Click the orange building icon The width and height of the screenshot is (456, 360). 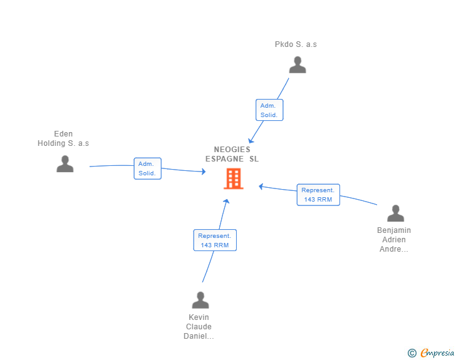click(234, 178)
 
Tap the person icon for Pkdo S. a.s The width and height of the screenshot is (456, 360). click(298, 65)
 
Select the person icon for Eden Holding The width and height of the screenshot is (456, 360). click(65, 163)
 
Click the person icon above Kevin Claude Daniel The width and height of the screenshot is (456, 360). click(200, 300)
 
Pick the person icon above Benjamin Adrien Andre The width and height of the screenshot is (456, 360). click(395, 213)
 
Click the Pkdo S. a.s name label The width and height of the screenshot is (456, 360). click(296, 44)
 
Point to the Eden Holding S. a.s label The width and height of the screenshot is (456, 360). click(63, 138)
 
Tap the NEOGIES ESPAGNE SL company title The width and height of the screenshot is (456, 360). click(232, 154)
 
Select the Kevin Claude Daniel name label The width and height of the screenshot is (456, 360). click(199, 327)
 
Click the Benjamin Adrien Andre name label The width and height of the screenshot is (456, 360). click(394, 240)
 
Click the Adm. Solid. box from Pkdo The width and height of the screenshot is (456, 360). click(269, 110)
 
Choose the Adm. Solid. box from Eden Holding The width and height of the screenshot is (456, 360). click(147, 168)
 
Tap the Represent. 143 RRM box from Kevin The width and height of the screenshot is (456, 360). click(215, 240)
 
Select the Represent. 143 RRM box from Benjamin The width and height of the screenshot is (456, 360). click(318, 195)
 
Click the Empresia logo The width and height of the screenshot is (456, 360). click(437, 352)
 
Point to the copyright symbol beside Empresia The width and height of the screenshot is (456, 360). click(412, 353)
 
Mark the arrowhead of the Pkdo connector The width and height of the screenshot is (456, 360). click(251, 141)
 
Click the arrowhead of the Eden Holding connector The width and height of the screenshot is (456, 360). click(204, 172)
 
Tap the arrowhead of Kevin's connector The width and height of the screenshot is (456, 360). click(226, 201)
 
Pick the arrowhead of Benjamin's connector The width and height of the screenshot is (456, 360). click(261, 187)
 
